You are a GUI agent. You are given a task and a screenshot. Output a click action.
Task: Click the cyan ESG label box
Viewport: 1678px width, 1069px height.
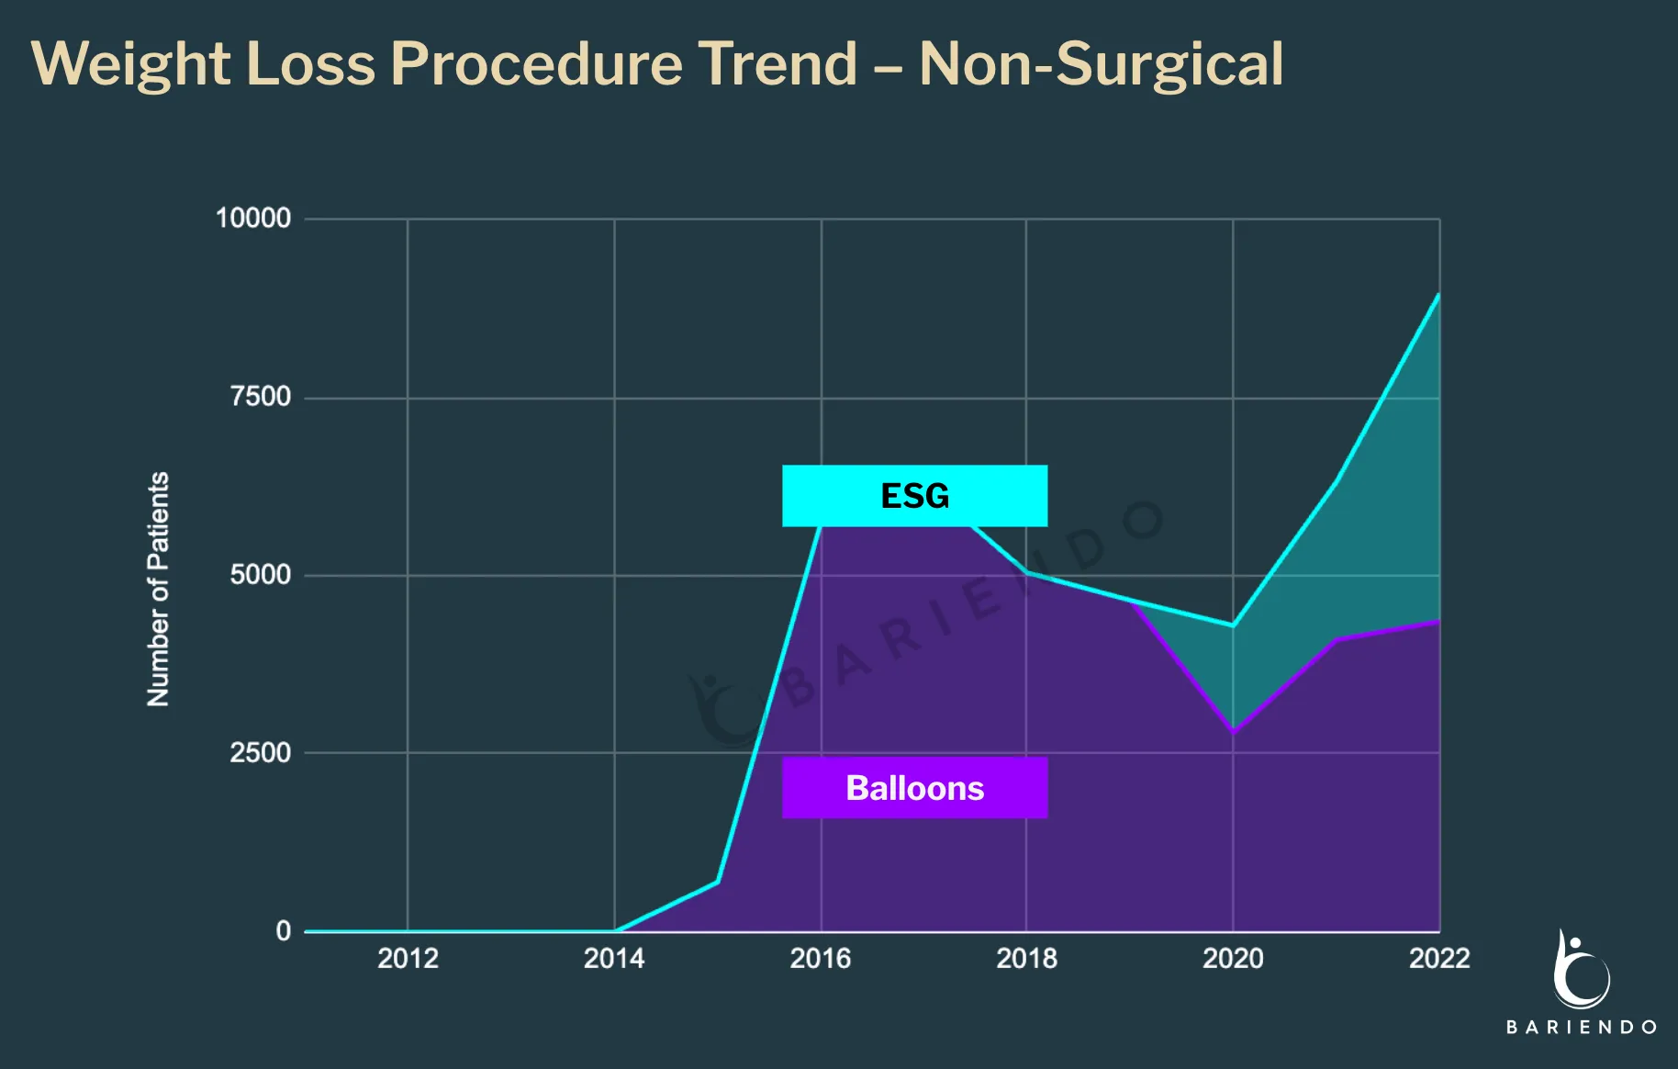(914, 496)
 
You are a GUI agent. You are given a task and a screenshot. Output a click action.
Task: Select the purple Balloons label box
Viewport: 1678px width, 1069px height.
(914, 788)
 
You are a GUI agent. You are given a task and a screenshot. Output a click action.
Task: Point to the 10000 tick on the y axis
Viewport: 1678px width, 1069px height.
(253, 219)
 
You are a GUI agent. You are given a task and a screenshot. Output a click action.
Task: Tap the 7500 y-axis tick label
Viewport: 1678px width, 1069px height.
(261, 397)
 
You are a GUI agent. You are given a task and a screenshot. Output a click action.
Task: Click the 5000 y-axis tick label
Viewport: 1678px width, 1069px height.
(261, 575)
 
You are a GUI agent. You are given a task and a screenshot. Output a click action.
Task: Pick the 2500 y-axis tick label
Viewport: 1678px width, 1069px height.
(261, 753)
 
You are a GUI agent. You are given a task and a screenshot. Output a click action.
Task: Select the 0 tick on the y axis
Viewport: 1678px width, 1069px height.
(284, 931)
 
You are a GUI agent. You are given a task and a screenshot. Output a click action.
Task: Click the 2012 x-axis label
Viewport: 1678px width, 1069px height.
(408, 959)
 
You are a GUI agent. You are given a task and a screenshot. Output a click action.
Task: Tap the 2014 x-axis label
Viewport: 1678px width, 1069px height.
(614, 959)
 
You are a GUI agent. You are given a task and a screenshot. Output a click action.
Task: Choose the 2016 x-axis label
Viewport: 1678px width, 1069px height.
(821, 959)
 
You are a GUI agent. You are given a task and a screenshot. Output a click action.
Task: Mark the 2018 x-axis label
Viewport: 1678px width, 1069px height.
(1026, 959)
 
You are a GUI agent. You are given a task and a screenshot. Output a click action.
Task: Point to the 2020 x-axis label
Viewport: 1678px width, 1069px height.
(1233, 959)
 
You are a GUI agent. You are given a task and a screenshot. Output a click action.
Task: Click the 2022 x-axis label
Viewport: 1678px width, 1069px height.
(1438, 959)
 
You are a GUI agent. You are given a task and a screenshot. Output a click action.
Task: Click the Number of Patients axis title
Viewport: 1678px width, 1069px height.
(158, 589)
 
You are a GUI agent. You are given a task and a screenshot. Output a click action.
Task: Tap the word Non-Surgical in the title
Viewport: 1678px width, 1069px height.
(1101, 64)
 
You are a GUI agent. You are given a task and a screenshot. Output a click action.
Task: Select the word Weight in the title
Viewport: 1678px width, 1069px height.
(130, 64)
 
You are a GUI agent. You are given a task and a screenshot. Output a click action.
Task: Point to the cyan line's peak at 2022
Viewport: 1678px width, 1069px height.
(1437, 296)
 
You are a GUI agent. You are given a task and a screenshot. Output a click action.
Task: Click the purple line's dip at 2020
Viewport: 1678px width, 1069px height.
(1233, 732)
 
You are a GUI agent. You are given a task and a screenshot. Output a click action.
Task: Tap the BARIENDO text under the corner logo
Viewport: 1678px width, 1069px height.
(1581, 1027)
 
